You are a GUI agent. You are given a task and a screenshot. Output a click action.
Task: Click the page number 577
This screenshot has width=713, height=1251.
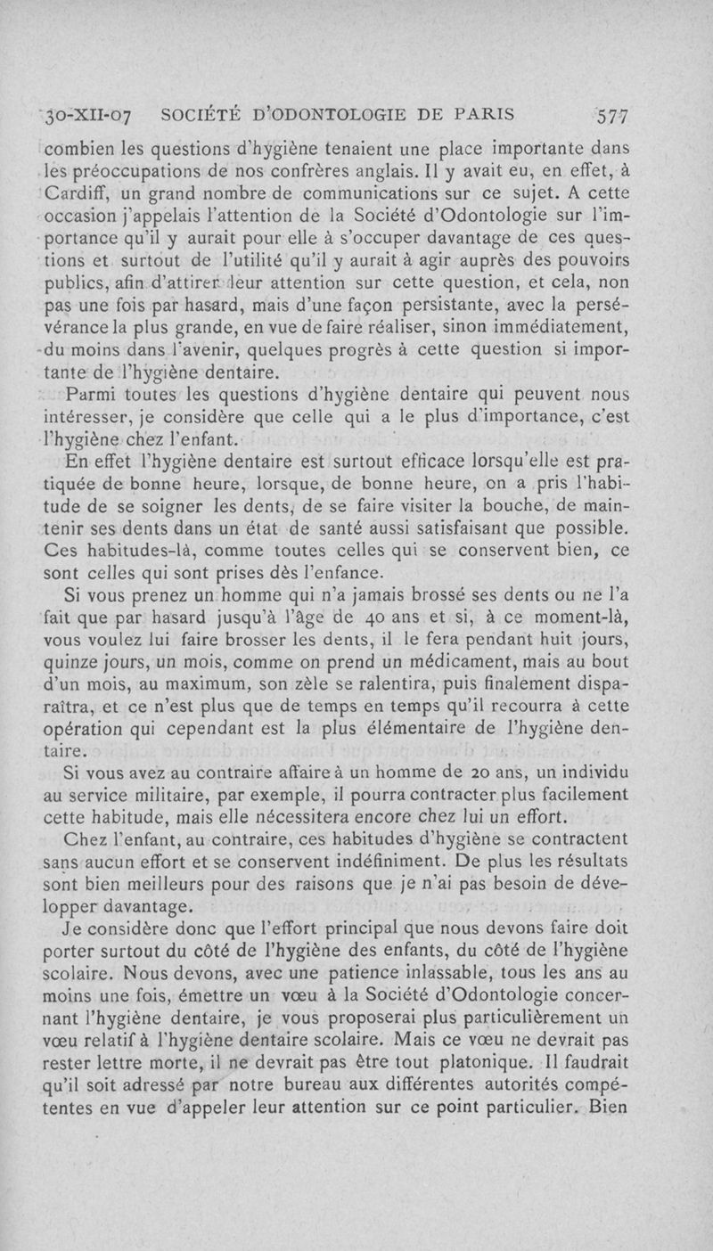click(613, 115)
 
